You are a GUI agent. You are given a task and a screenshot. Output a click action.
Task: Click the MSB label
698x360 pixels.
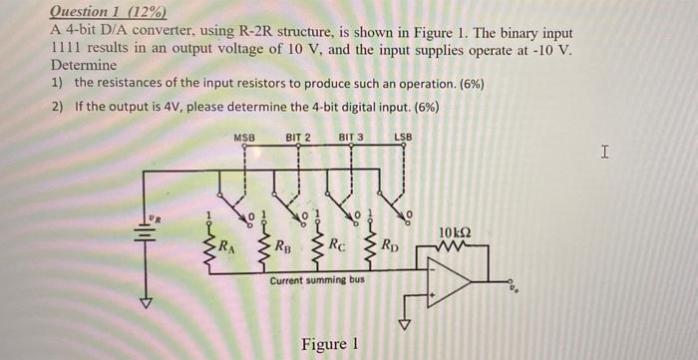[x=244, y=137]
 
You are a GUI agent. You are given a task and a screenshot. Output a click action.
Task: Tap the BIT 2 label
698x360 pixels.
[x=298, y=137]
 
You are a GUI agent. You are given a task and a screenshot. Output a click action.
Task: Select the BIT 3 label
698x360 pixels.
[x=351, y=137]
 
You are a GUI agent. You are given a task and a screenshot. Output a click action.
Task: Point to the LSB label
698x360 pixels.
[x=403, y=137]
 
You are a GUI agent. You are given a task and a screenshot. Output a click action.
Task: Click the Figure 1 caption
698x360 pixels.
[x=328, y=344]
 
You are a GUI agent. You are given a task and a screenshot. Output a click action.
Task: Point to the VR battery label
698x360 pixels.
[x=154, y=216]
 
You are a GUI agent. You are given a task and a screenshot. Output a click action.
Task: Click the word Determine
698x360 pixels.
[x=83, y=65]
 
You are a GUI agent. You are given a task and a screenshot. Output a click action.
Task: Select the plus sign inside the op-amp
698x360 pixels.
[x=433, y=296]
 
